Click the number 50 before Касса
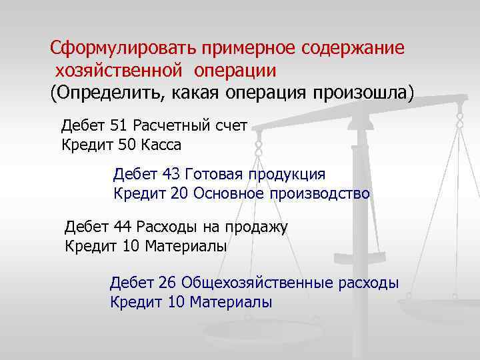pos(126,144)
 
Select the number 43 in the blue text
pos(171,175)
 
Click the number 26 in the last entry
pos(167,283)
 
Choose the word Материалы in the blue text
pos(231,302)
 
